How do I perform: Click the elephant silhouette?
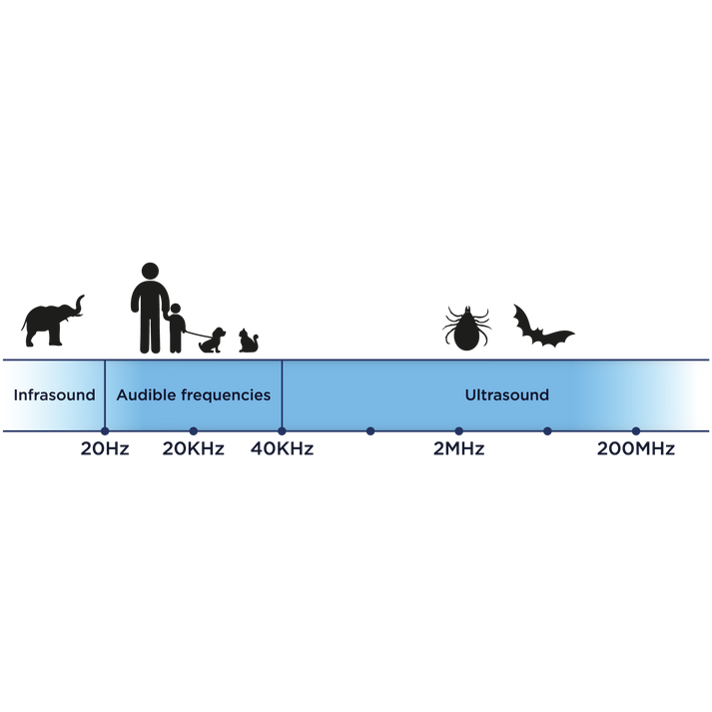(x=52, y=321)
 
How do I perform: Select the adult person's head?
(x=151, y=271)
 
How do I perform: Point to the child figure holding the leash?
(x=176, y=328)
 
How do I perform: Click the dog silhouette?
(x=212, y=341)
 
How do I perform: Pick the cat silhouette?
(x=249, y=341)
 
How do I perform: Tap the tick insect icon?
(x=466, y=329)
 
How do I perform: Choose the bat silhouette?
(x=543, y=326)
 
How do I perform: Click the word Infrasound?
(x=55, y=395)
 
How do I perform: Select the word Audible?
(x=146, y=395)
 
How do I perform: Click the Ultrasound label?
(x=506, y=395)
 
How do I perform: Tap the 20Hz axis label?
(x=105, y=448)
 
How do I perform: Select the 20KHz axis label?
(x=194, y=448)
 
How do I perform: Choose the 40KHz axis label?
(x=282, y=448)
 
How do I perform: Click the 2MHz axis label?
(x=459, y=448)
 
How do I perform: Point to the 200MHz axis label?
(x=636, y=448)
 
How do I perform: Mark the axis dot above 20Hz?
(x=105, y=431)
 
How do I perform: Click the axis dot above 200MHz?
(x=636, y=431)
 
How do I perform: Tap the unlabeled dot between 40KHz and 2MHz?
(x=370, y=431)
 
